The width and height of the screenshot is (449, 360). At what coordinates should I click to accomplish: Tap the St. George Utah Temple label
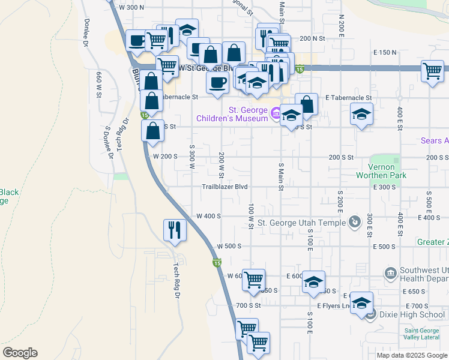tap(301, 223)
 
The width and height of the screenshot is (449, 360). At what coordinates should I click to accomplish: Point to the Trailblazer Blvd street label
tap(224, 187)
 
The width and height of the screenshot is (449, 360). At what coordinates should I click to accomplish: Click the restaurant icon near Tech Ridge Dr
tap(175, 230)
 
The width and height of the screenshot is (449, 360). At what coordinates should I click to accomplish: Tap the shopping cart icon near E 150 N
tap(432, 71)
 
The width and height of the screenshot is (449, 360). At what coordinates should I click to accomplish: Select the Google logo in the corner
tap(20, 352)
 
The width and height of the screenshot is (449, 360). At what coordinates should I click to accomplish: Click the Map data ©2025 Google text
tap(411, 355)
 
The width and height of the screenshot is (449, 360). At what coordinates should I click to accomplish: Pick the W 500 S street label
tap(229, 246)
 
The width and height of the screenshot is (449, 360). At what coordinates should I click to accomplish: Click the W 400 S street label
tap(209, 216)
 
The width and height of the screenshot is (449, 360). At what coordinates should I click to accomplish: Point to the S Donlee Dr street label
tap(109, 142)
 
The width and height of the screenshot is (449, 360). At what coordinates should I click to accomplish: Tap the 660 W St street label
tap(98, 85)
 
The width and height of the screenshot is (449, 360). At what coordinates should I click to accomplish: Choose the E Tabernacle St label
tap(349, 97)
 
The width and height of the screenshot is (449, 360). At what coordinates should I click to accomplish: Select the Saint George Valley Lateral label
tap(425, 334)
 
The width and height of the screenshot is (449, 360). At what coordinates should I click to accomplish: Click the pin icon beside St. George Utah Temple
tap(355, 223)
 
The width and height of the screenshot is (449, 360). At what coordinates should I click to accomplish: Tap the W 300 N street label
tap(132, 7)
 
